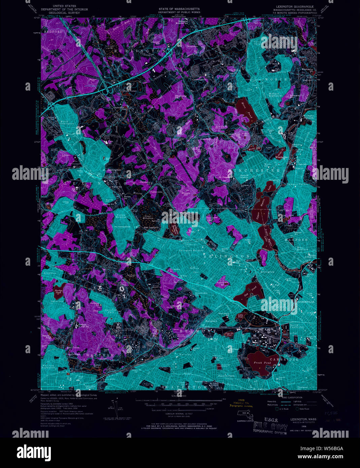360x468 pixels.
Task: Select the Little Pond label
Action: pyautogui.click(x=240, y=316)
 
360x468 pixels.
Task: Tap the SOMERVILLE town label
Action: pyautogui.click(x=305, y=302)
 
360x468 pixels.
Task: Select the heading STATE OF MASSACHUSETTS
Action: pyautogui.click(x=179, y=9)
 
